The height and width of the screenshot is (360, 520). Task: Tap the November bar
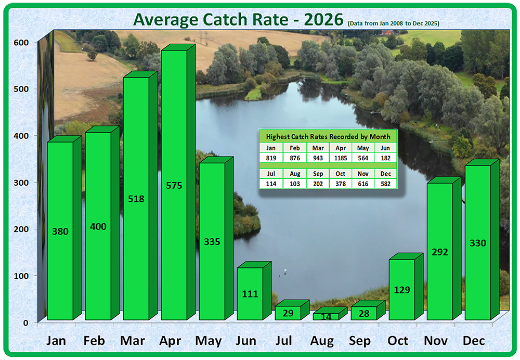coord(440,251)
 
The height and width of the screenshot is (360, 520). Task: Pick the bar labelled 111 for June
coord(250,293)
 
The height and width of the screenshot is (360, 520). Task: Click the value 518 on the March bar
coord(136,199)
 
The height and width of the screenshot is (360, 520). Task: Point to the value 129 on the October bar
coord(402,290)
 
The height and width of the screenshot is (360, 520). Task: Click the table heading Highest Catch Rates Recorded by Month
coord(328,136)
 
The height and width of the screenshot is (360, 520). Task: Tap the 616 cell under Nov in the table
coord(362,184)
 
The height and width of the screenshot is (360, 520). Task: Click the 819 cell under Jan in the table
coord(271,158)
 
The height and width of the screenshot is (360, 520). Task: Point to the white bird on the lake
coord(285,272)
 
